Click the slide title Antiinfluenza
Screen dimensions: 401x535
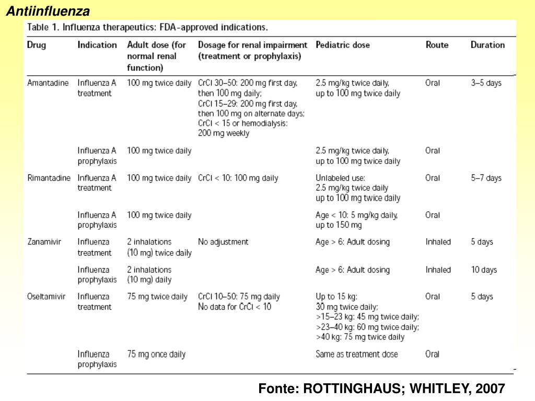coord(48,11)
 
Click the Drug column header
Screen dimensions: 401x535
coord(37,45)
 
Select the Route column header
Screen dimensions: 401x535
coord(437,45)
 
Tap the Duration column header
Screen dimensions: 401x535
coord(487,45)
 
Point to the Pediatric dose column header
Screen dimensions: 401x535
coord(343,45)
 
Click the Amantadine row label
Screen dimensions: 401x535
coord(48,83)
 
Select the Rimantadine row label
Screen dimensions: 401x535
coord(49,178)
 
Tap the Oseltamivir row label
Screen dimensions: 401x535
coord(46,297)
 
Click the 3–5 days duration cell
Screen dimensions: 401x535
coord(486,83)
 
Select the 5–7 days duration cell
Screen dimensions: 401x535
coord(486,178)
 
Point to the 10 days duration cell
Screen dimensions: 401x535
coord(484,270)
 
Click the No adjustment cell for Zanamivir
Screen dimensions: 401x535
coord(223,242)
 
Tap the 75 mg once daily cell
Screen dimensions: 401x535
coord(156,354)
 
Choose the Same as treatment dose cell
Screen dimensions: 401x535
coord(357,354)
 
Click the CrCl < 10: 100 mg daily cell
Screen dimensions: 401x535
coord(238,178)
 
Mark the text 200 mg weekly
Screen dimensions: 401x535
coord(224,133)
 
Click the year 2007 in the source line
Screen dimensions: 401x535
coord(491,388)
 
